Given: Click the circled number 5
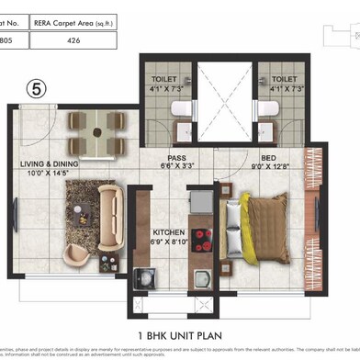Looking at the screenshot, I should coord(36,89).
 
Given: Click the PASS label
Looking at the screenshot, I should coord(177,157).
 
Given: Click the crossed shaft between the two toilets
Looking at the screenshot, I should coord(223,101).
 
